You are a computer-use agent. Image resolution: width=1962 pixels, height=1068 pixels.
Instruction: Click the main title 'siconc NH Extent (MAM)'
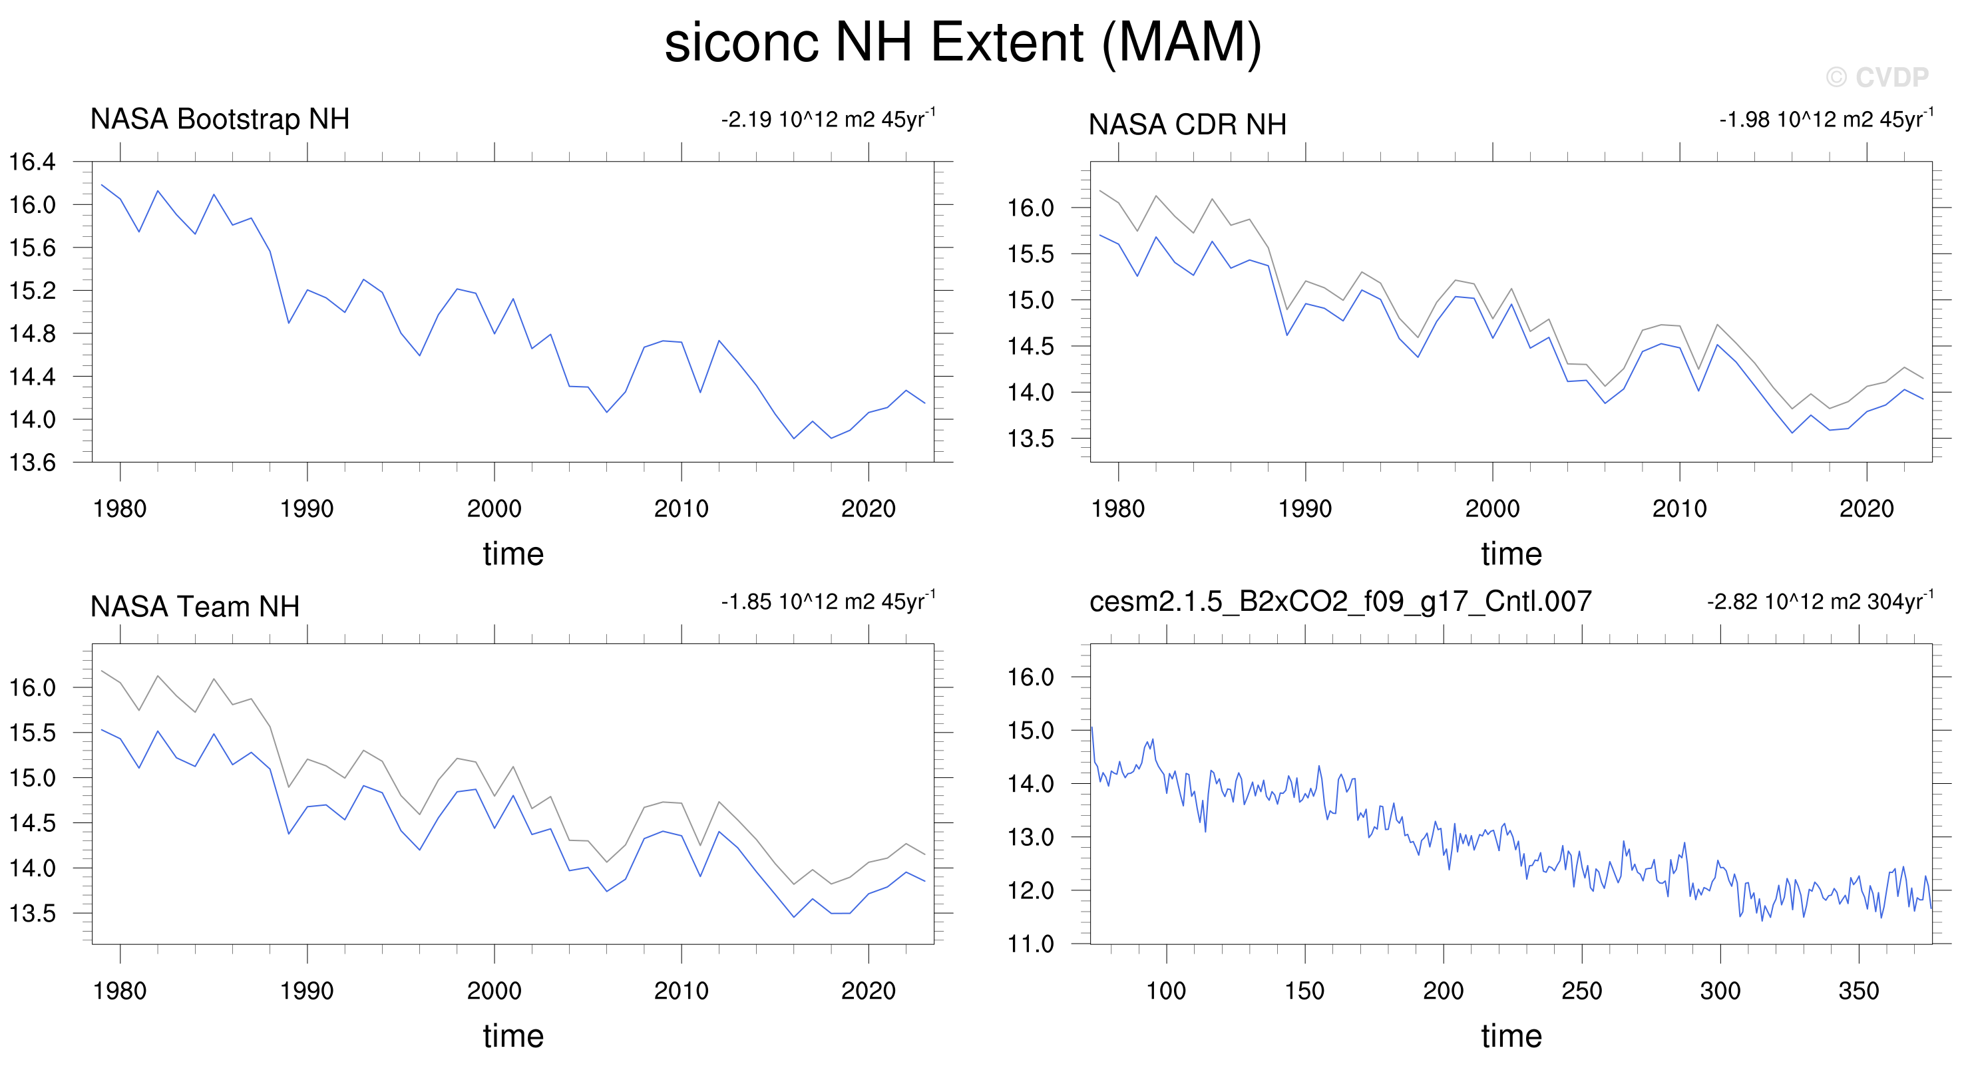coord(963,43)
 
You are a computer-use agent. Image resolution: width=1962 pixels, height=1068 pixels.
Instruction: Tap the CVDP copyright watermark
coord(1877,77)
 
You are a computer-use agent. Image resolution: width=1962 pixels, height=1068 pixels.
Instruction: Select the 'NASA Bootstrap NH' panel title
coord(220,120)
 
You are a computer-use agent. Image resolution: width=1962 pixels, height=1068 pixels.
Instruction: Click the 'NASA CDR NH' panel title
coord(1187,124)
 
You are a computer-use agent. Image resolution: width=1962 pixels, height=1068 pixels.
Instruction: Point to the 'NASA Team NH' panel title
coord(195,606)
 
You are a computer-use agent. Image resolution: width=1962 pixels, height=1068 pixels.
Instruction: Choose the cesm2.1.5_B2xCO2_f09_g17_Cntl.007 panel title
coord(1340,602)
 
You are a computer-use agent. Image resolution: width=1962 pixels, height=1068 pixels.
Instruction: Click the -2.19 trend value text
coord(829,119)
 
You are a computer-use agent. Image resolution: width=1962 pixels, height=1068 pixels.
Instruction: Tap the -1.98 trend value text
coord(1826,119)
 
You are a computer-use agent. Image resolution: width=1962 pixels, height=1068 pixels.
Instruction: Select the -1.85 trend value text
coord(829,601)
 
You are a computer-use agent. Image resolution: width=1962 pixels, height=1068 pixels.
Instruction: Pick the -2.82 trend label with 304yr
coord(1820,601)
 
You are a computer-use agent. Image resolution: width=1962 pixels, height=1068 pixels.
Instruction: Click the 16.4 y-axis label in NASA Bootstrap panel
coord(32,162)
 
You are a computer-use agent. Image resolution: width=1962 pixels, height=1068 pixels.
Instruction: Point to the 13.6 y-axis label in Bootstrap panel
coord(32,462)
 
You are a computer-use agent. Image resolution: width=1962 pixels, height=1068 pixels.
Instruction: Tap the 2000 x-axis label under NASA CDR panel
coord(1492,509)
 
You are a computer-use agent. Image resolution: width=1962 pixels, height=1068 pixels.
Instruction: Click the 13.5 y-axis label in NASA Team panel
coord(32,914)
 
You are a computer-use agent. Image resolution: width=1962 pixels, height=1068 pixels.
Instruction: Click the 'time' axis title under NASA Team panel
coord(513,1036)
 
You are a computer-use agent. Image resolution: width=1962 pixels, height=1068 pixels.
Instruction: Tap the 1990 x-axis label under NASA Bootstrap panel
coord(307,509)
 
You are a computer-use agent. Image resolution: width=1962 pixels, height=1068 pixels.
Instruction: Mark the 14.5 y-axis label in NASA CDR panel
coord(1030,347)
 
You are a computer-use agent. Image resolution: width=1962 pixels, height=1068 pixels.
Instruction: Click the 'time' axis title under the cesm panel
coord(1512,1036)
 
